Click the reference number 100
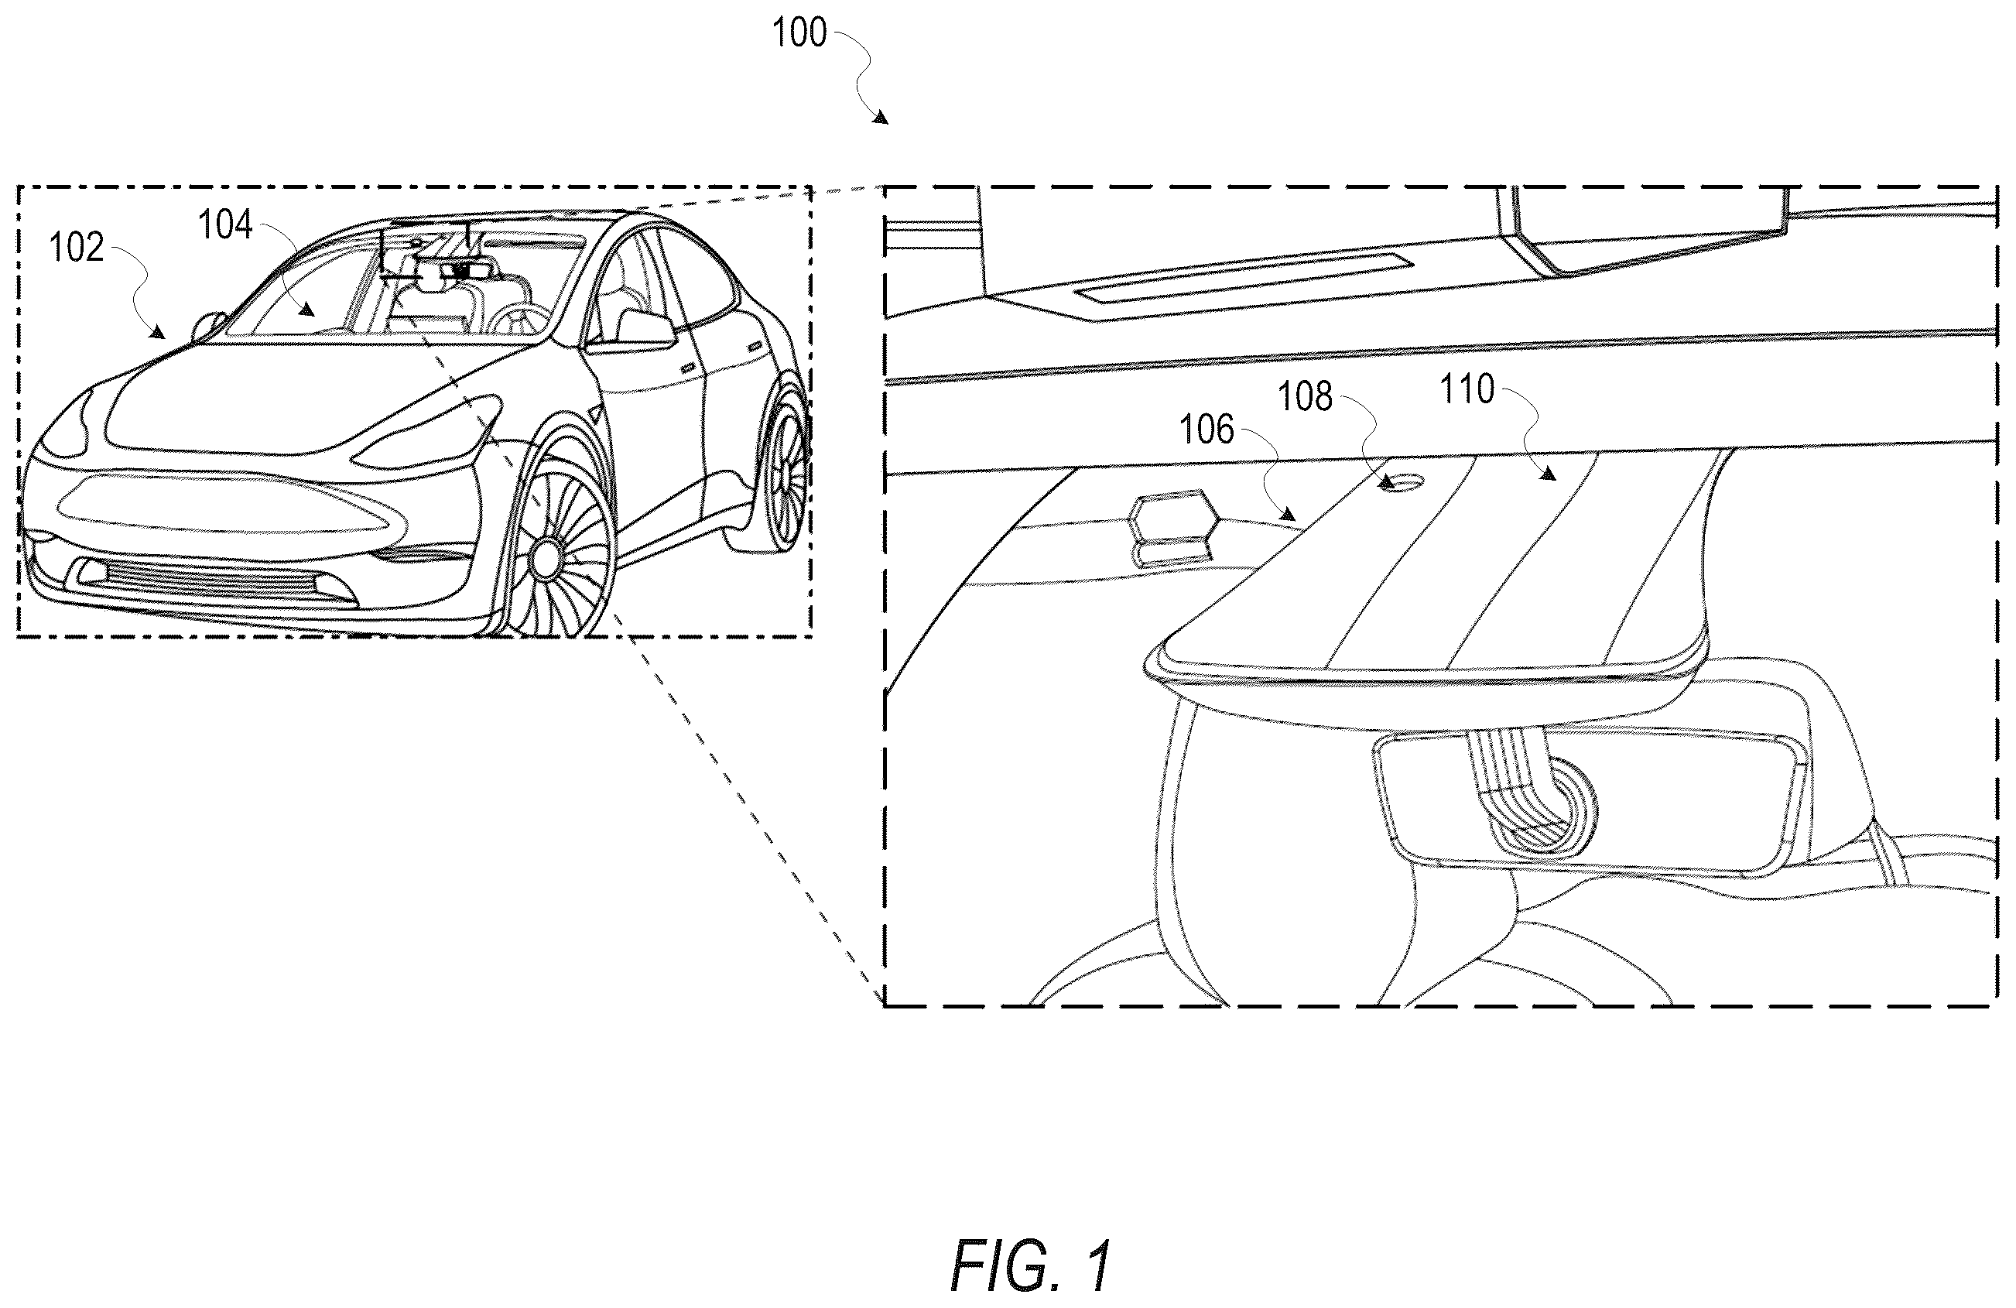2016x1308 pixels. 799,33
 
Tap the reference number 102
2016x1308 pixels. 77,248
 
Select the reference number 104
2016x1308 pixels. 225,225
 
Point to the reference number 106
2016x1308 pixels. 1207,430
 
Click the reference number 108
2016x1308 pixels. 1305,396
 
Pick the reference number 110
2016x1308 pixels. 1467,389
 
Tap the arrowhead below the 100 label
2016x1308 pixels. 880,118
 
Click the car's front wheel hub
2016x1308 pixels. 546,556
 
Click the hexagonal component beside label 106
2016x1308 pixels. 1174,529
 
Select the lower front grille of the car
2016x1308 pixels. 221,583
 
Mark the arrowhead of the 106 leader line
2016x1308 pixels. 1288,513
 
